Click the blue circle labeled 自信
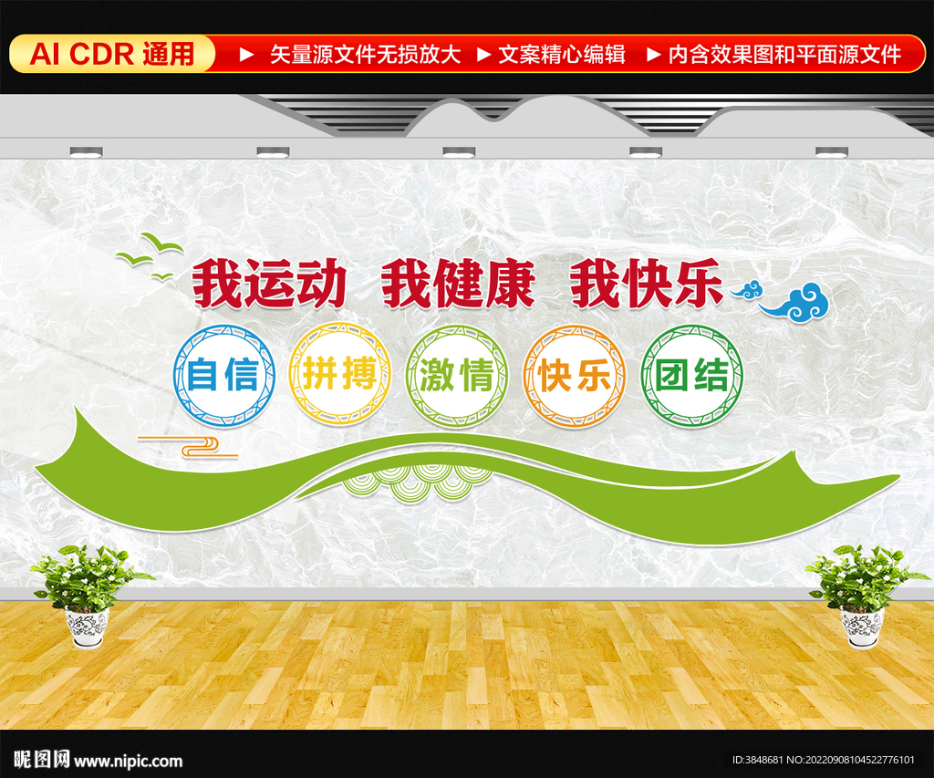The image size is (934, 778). tap(224, 375)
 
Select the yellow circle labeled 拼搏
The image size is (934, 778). tap(340, 374)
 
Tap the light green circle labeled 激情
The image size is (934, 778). tap(457, 375)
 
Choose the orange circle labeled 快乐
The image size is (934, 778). tap(575, 375)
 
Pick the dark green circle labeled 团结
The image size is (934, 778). tap(692, 375)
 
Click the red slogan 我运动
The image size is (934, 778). tap(269, 284)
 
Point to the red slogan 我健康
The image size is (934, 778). tap(458, 284)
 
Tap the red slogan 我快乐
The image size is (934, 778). tap(647, 284)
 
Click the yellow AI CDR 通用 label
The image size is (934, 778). tap(112, 54)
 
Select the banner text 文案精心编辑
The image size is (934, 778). tap(562, 54)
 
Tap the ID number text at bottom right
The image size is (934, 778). tap(824, 760)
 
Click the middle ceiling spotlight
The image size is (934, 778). tap(459, 152)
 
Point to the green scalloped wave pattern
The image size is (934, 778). tap(417, 482)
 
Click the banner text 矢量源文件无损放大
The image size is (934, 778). tap(365, 54)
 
